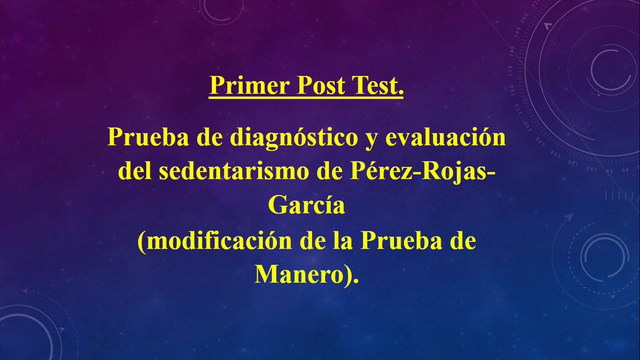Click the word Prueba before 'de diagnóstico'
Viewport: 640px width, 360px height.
click(x=147, y=137)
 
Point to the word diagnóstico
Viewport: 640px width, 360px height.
click(x=291, y=138)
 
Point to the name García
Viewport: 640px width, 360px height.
click(x=306, y=205)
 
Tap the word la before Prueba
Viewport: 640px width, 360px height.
click(x=340, y=241)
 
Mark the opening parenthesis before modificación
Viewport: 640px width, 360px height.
click(x=141, y=242)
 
